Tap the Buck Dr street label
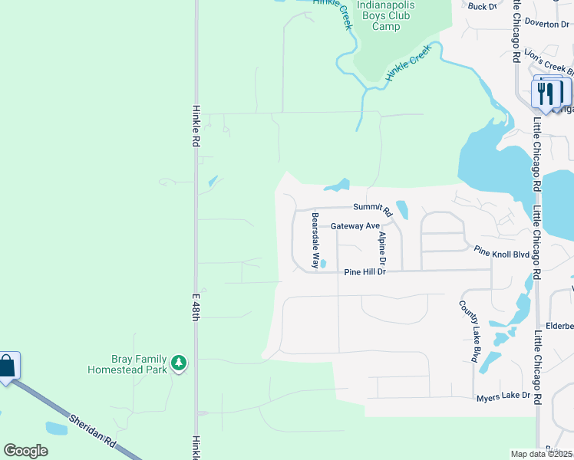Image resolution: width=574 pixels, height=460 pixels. tap(483, 6)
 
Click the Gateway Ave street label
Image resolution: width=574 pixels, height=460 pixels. tap(355, 226)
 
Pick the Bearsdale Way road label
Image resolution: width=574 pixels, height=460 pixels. tap(315, 240)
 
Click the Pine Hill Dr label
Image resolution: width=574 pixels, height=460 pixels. tap(364, 271)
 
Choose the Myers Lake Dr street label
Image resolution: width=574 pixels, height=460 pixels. tap(503, 396)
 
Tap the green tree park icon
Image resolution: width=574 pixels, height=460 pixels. tap(179, 362)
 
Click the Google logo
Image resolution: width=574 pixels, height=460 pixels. tap(25, 451)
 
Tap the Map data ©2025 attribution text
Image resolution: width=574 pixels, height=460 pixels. tap(542, 454)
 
